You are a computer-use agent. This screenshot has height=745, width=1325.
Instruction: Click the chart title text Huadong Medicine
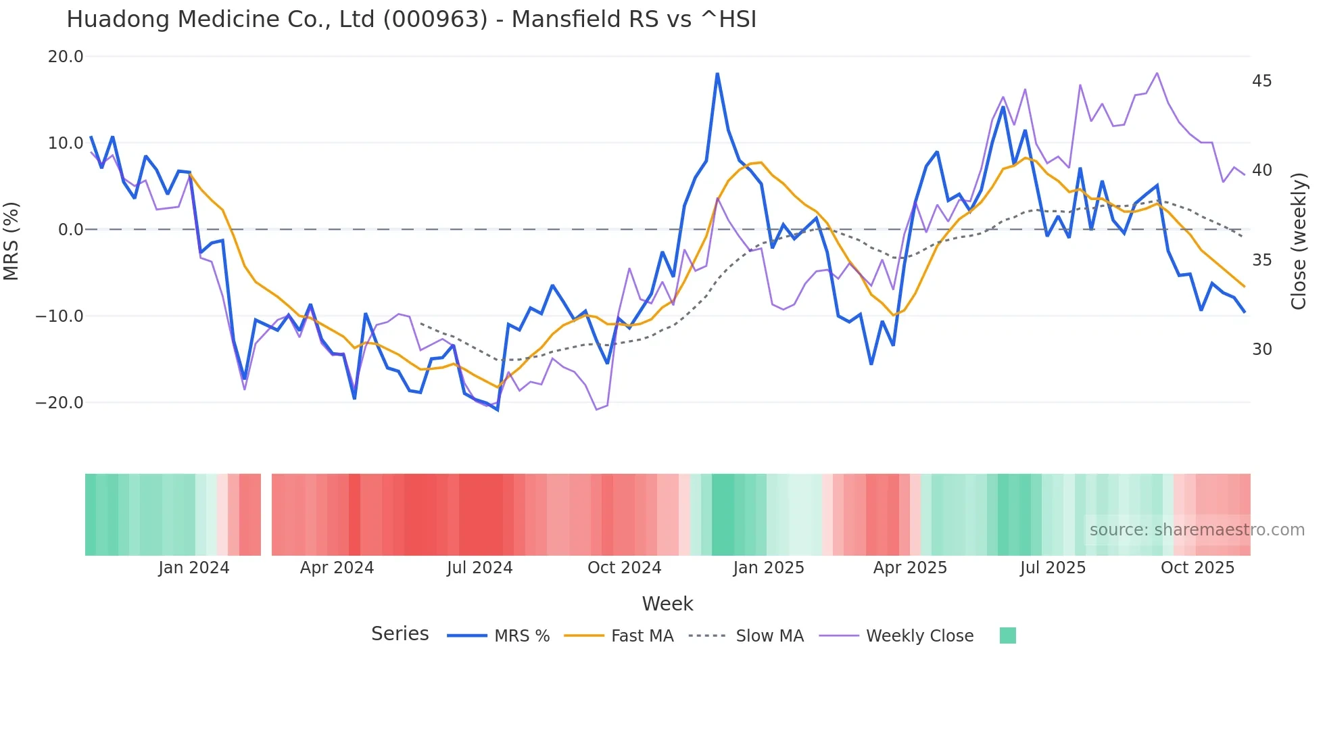coord(411,20)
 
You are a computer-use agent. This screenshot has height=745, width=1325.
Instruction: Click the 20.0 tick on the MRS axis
coord(66,57)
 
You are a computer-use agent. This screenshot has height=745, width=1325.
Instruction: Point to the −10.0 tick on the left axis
coord(59,316)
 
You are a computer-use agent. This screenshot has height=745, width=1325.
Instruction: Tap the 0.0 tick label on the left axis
coord(71,230)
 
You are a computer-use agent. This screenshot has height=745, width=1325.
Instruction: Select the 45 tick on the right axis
coord(1261,81)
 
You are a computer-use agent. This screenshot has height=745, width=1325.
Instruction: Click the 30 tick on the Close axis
coord(1261,350)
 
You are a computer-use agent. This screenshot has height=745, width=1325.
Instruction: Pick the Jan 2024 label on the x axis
coord(194,568)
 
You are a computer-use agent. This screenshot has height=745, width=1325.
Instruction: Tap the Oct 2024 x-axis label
coord(624,568)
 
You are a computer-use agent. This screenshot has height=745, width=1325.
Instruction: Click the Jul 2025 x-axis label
coord(1053,568)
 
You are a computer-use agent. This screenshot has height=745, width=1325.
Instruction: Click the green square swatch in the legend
coord(1007,635)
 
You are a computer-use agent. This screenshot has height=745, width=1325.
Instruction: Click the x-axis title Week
coord(667,604)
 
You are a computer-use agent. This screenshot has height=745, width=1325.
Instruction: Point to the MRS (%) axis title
coord(11,241)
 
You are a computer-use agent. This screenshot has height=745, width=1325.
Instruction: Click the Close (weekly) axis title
coord(1298,241)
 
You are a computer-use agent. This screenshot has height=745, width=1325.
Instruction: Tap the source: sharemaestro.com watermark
coord(1197,530)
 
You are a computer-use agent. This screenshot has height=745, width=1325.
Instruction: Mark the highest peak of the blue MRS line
coord(717,74)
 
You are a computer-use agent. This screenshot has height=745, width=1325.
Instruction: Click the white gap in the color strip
coord(266,514)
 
